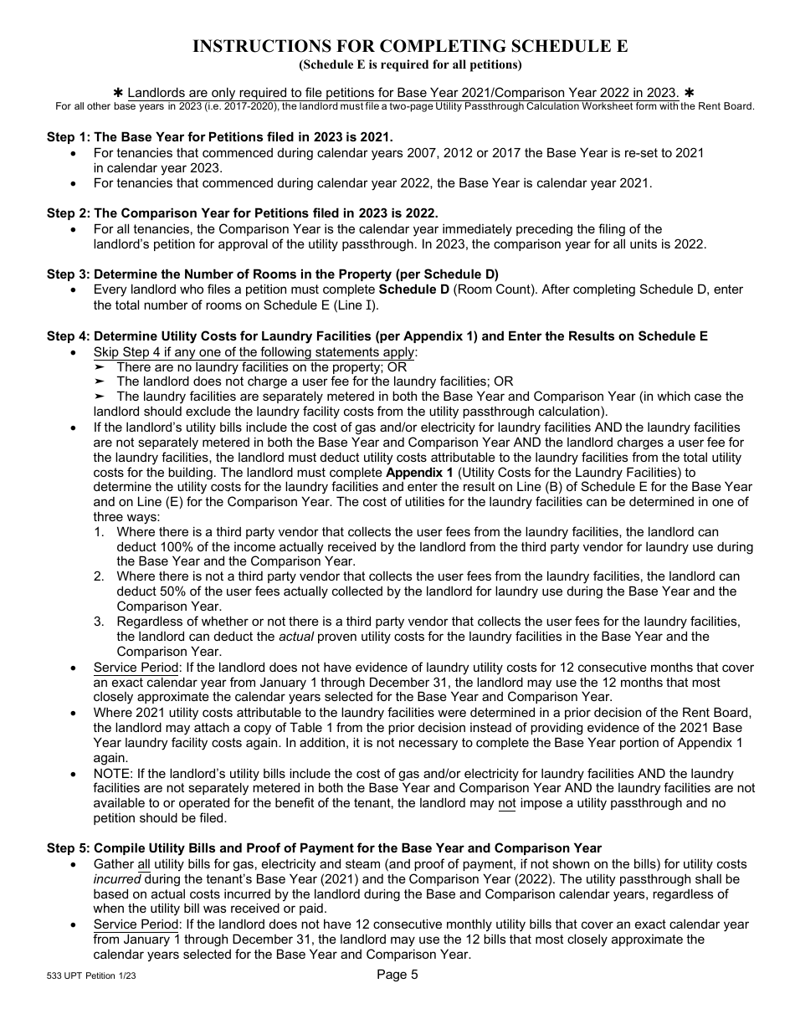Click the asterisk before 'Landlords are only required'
click(x=118, y=92)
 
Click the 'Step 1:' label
click(x=68, y=137)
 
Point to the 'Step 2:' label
click(x=68, y=213)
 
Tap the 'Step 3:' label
click(x=68, y=274)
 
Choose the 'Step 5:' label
click(x=68, y=848)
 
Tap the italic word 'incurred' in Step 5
click(x=116, y=879)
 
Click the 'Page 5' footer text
click(x=397, y=974)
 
